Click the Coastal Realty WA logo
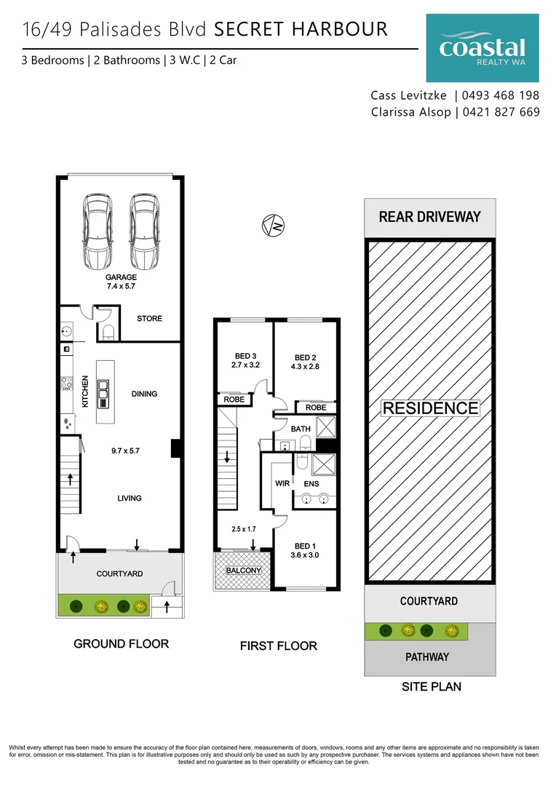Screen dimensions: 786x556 coord(482,48)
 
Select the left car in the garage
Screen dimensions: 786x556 coord(97,231)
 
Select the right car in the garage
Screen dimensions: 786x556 coord(144,231)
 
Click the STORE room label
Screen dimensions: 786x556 coord(149,319)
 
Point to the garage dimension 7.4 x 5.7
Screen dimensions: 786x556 coord(121,287)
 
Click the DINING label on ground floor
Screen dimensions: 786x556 coord(144,394)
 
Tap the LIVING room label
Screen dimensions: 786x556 coord(130,498)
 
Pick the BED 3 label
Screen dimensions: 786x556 coord(245,357)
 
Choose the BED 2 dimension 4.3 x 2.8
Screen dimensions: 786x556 coord(304,368)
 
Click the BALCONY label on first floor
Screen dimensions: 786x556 coord(243,571)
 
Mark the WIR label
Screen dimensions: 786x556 coord(282,483)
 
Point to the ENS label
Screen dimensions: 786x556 coord(311,483)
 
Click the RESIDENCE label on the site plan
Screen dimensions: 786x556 coord(430,408)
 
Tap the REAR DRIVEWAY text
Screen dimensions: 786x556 coord(429,217)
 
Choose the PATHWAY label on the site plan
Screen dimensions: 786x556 coord(426,657)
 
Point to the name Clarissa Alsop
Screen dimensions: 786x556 coord(410,112)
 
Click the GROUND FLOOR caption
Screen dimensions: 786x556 coord(121,644)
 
